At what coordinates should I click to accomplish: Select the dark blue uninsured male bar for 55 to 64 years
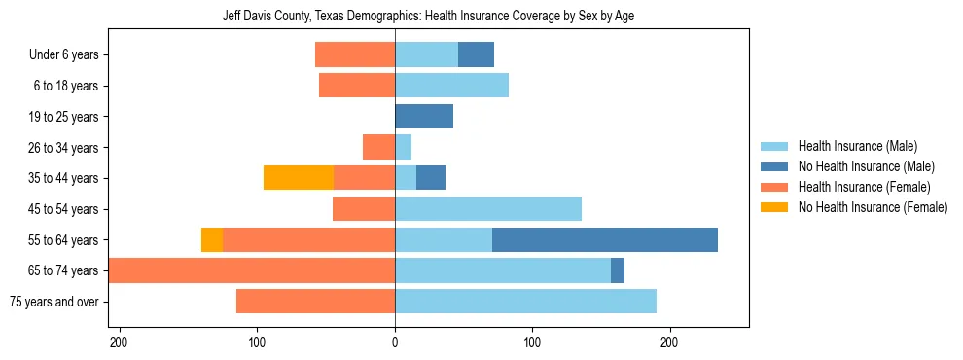604,239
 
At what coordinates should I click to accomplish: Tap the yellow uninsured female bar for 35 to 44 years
299,178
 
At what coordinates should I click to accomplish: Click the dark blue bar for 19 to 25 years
424,117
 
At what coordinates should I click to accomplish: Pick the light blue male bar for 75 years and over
525,302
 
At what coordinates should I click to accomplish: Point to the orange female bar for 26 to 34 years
378,147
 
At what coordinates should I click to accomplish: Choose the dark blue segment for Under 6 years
476,55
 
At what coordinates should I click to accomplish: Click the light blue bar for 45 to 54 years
488,209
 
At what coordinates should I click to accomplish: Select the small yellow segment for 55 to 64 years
212,239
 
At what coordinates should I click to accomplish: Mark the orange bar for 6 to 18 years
357,86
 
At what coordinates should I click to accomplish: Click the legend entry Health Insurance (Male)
857,146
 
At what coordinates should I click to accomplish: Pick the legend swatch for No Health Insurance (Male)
775,166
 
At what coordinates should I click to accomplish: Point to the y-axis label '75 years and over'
53,302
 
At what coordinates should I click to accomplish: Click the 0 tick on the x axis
395,342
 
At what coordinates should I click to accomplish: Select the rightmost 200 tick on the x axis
669,342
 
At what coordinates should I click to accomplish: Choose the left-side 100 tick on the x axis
258,342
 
